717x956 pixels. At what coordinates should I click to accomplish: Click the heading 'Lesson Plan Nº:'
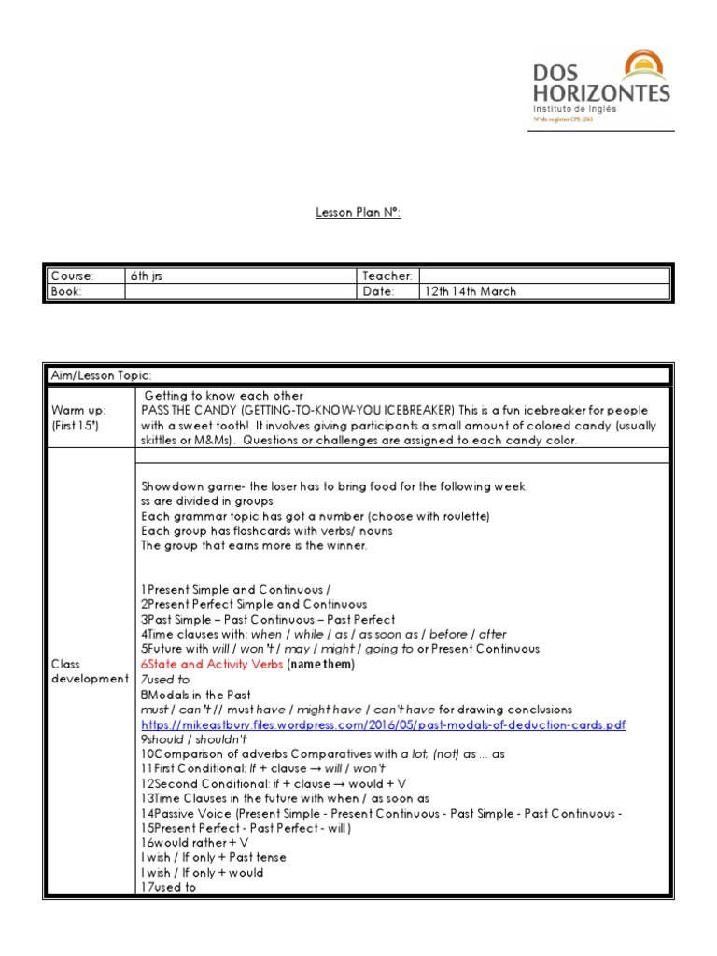point(358,213)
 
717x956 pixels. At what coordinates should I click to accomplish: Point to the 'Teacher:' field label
point(387,276)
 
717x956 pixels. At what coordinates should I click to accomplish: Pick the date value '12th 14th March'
point(471,291)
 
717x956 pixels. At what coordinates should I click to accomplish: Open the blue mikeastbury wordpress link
point(383,724)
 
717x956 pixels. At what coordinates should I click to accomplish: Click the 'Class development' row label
point(89,671)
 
